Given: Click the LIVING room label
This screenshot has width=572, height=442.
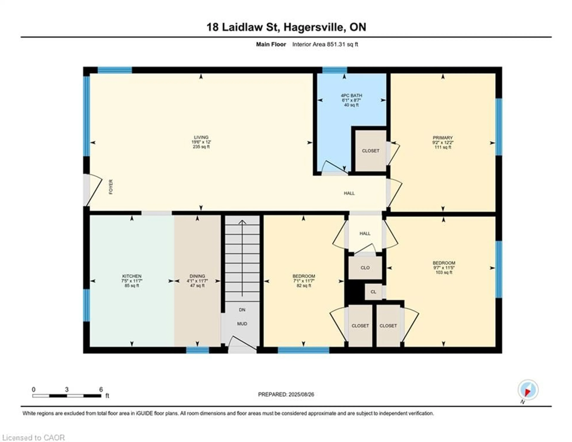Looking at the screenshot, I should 201,137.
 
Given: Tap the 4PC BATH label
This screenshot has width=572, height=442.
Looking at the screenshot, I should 351,95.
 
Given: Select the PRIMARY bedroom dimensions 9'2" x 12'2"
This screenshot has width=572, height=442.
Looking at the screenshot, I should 443,143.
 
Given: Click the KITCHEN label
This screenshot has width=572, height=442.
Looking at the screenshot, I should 132,276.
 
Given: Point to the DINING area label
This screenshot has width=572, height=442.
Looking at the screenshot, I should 197,276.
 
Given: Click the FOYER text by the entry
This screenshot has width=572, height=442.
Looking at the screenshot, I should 111,187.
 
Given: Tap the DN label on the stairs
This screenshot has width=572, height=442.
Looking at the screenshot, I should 242,310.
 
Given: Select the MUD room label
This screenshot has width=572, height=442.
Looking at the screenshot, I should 242,324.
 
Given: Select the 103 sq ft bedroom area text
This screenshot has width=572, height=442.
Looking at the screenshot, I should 444,272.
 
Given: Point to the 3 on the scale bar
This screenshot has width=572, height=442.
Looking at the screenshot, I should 67,390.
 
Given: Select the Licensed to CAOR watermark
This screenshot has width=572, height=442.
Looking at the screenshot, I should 33,438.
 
